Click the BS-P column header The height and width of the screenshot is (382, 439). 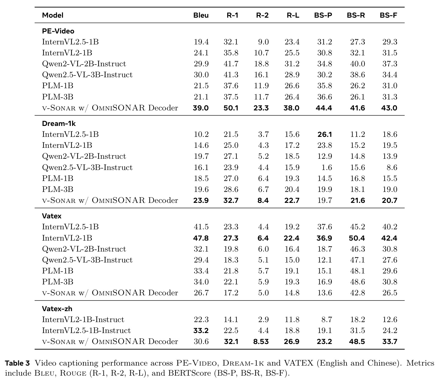point(323,15)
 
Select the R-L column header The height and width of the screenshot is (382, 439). point(293,15)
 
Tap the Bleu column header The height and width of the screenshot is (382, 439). point(201,15)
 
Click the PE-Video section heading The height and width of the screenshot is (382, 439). point(58,31)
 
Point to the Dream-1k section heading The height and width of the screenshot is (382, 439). point(59,123)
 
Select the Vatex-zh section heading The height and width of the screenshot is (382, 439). point(57,309)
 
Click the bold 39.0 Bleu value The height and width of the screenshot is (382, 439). point(200,108)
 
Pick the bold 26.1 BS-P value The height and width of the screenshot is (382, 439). point(325,134)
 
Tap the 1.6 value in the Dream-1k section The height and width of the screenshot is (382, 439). point(326,168)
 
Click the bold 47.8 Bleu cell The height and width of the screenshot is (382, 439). point(200,238)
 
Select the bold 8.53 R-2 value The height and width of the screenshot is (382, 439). point(261,342)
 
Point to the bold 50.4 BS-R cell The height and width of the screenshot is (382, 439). point(357,238)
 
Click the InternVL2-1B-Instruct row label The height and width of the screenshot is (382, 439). point(83,320)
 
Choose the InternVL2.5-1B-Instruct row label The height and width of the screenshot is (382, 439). point(86,331)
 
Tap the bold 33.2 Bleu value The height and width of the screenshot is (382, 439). point(201,331)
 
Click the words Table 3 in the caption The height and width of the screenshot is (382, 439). point(17,363)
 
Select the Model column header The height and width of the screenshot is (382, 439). point(53,15)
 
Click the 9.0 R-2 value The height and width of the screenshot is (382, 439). point(263,42)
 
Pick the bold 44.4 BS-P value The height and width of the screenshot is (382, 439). point(324,108)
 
